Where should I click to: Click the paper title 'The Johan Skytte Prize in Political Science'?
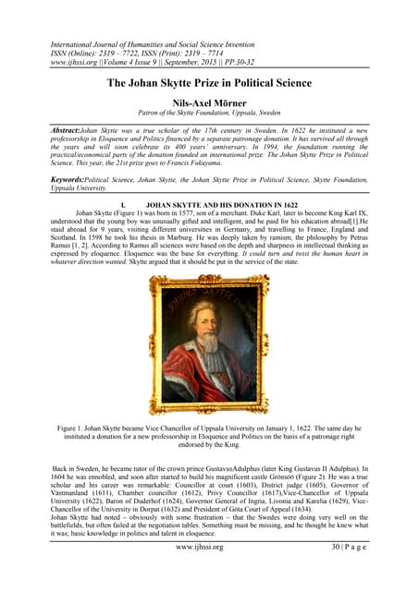click(x=209, y=84)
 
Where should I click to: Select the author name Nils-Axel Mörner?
click(x=209, y=105)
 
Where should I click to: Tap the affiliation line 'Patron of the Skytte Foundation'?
click(x=209, y=118)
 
